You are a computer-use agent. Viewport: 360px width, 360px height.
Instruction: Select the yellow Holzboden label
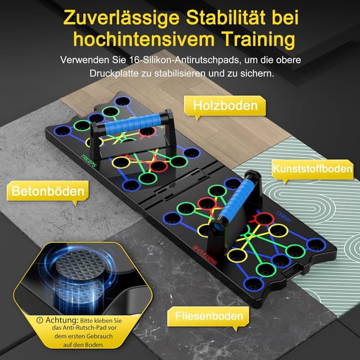coord(225,106)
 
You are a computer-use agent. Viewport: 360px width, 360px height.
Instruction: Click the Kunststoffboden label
coord(312,169)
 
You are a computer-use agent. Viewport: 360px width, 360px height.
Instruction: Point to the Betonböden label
coord(48,191)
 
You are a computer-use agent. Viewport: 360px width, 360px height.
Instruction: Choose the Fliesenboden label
coord(209,316)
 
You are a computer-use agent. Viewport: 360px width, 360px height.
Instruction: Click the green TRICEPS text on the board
coord(89,160)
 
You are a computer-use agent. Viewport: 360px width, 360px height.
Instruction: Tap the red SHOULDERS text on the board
coord(205,255)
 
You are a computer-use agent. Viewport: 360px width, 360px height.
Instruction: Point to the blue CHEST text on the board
coord(283,217)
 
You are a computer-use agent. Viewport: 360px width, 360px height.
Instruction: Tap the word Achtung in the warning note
coord(62,320)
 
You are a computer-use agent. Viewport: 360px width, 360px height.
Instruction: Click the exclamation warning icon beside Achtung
coord(40,320)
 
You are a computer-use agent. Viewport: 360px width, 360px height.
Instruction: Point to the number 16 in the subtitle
coord(134,60)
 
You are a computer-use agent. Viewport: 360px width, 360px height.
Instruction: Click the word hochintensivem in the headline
coord(144,40)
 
